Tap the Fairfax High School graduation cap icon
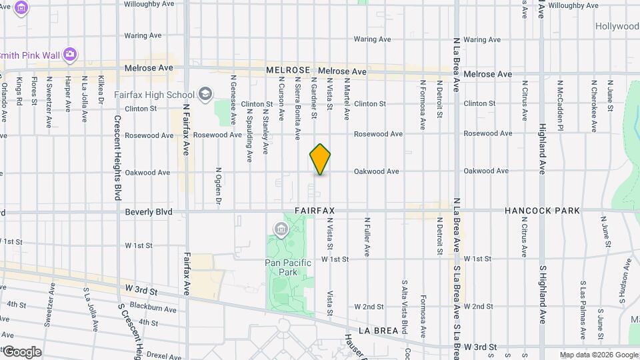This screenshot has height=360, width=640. point(206,93)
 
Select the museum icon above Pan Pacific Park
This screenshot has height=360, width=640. point(280,231)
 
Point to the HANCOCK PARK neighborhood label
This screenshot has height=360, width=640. point(542,211)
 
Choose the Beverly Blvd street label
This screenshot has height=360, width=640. point(149,212)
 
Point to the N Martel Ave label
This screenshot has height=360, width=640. point(347,99)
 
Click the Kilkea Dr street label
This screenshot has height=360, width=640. point(101,89)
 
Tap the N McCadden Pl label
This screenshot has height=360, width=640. point(561,104)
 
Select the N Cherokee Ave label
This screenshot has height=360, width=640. point(593,104)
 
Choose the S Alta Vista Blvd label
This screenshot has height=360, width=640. point(404,307)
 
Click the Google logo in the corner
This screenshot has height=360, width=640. point(21,352)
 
